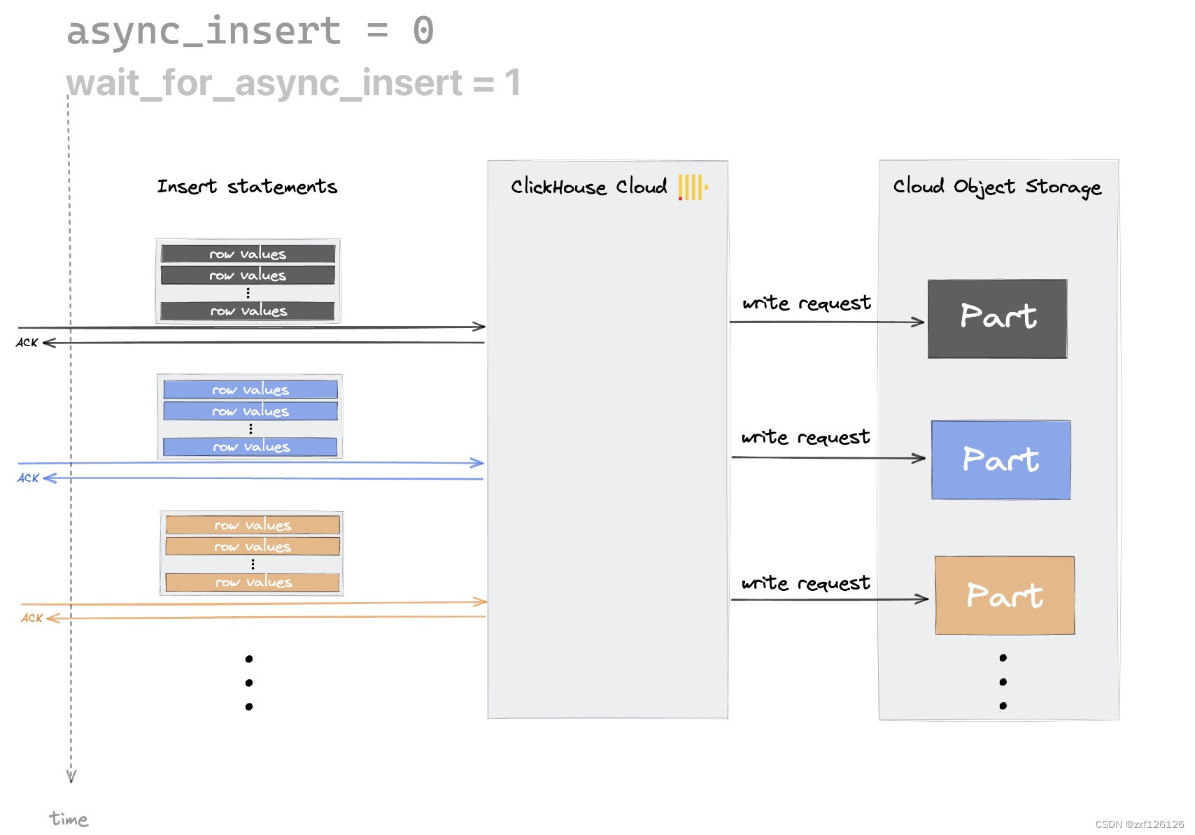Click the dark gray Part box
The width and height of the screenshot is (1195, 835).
[x=997, y=319]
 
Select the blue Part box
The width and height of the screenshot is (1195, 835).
[x=1000, y=460]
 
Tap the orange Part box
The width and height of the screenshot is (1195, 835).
[x=1005, y=596]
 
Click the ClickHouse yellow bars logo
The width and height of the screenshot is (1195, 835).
[x=693, y=187]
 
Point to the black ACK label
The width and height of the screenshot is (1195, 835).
[x=27, y=343]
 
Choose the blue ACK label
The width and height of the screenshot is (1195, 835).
[x=28, y=478]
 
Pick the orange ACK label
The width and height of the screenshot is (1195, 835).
[x=31, y=618]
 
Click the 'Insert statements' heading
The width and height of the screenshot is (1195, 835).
[x=247, y=187]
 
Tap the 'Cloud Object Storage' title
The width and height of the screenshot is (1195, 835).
[x=997, y=187]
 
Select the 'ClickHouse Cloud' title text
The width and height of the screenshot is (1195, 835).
[x=588, y=187]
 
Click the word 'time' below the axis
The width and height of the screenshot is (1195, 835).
[x=69, y=819]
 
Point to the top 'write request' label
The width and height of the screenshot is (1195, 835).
[x=807, y=303]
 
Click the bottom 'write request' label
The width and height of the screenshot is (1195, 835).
[x=806, y=583]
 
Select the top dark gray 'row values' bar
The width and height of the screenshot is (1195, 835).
[x=248, y=254]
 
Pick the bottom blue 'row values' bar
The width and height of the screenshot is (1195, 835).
[x=250, y=447]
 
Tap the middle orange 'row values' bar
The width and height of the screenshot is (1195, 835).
[x=253, y=546]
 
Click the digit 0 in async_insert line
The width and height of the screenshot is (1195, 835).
[x=423, y=31]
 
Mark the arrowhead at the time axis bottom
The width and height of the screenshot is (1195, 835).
[x=71, y=776]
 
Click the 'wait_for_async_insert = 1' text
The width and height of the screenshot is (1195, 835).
[x=293, y=83]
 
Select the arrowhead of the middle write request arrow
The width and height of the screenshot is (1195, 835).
[x=919, y=459]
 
